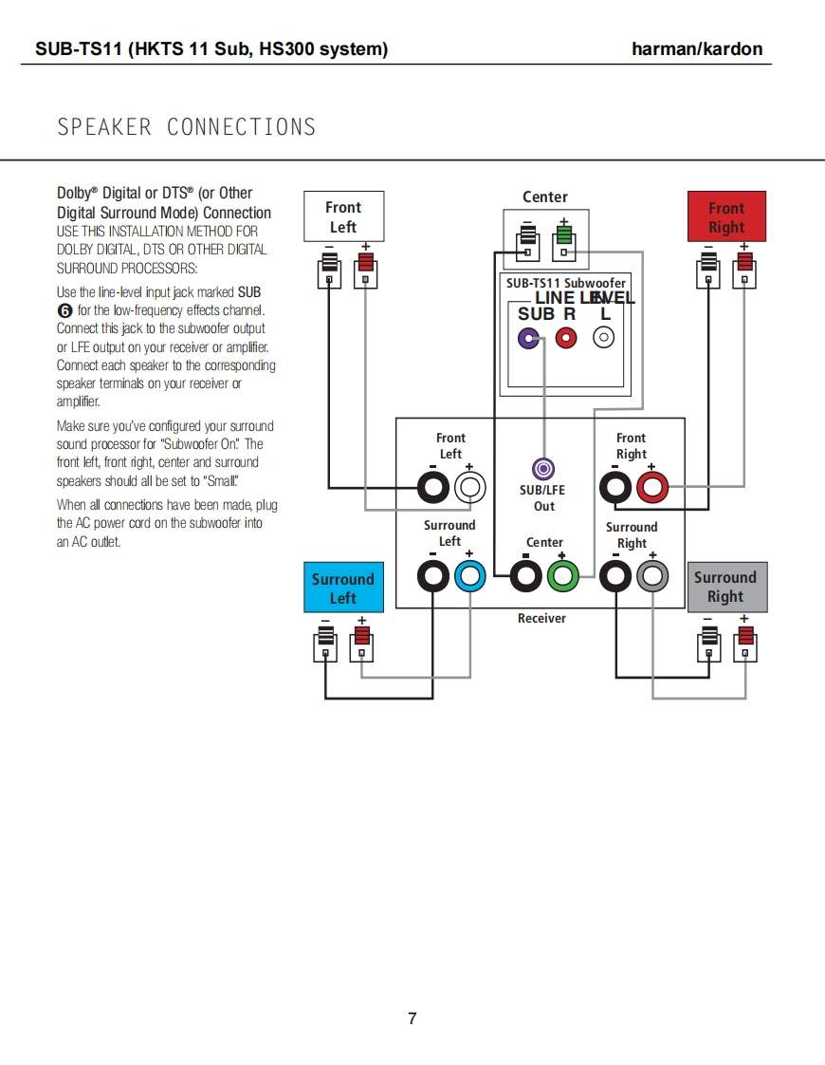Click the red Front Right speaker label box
click(726, 217)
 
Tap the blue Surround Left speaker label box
click(343, 589)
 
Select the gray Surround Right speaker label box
click(725, 587)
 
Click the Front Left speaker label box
click(343, 216)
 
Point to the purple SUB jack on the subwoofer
click(529, 337)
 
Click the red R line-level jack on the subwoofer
click(566, 337)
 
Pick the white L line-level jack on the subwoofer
click(604, 337)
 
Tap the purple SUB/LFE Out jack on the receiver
click(543, 469)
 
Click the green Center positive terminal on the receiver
click(563, 575)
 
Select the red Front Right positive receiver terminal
click(652, 489)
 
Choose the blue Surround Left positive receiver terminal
click(469, 575)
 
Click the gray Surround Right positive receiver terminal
click(652, 575)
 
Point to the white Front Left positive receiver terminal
click(469, 489)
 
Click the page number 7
click(412, 1018)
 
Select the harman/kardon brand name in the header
click(697, 49)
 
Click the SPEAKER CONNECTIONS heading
click(187, 127)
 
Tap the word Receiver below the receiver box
click(541, 619)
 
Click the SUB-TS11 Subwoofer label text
click(565, 283)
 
